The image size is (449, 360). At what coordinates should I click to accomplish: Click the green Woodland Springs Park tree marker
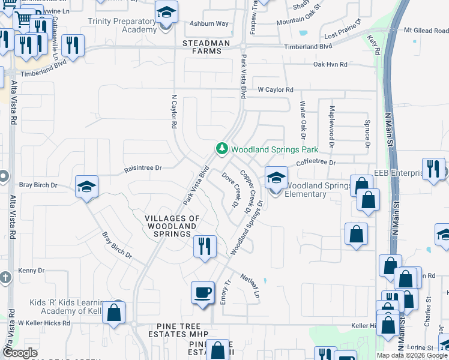(x=222, y=148)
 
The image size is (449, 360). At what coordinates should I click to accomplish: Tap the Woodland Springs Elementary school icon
(x=276, y=178)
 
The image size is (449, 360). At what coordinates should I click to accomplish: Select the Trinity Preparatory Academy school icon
(x=166, y=13)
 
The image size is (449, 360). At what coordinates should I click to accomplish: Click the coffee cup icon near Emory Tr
(x=202, y=293)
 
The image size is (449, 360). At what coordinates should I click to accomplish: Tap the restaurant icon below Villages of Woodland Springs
(x=205, y=246)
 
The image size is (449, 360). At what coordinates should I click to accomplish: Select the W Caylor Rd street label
(x=276, y=90)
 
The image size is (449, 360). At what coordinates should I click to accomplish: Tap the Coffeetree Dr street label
(x=315, y=163)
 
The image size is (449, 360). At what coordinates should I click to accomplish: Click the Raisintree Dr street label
(x=142, y=169)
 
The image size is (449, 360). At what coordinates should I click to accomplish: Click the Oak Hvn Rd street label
(x=330, y=64)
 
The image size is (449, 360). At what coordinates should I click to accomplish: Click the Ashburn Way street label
(x=209, y=24)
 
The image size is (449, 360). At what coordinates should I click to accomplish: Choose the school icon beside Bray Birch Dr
(x=87, y=187)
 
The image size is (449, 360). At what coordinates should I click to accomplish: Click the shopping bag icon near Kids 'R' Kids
(x=113, y=313)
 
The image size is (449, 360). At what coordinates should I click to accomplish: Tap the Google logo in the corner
(x=19, y=353)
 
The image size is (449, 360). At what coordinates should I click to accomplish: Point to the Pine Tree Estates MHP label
(x=178, y=334)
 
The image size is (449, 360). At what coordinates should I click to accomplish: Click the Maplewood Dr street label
(x=331, y=121)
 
